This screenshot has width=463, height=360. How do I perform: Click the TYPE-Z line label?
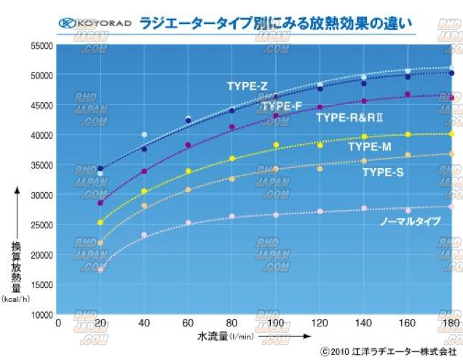(247, 86)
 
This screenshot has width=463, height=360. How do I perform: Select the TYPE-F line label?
(281, 106)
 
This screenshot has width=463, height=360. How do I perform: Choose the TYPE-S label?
(383, 172)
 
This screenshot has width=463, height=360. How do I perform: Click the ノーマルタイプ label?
(411, 220)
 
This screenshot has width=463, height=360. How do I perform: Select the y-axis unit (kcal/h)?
(16, 298)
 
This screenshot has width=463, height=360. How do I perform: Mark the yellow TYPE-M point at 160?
(408, 135)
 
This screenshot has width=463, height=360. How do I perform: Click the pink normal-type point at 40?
(144, 235)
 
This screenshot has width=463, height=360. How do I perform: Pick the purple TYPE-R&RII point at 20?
(100, 202)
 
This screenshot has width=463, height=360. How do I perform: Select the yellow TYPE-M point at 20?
(100, 222)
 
